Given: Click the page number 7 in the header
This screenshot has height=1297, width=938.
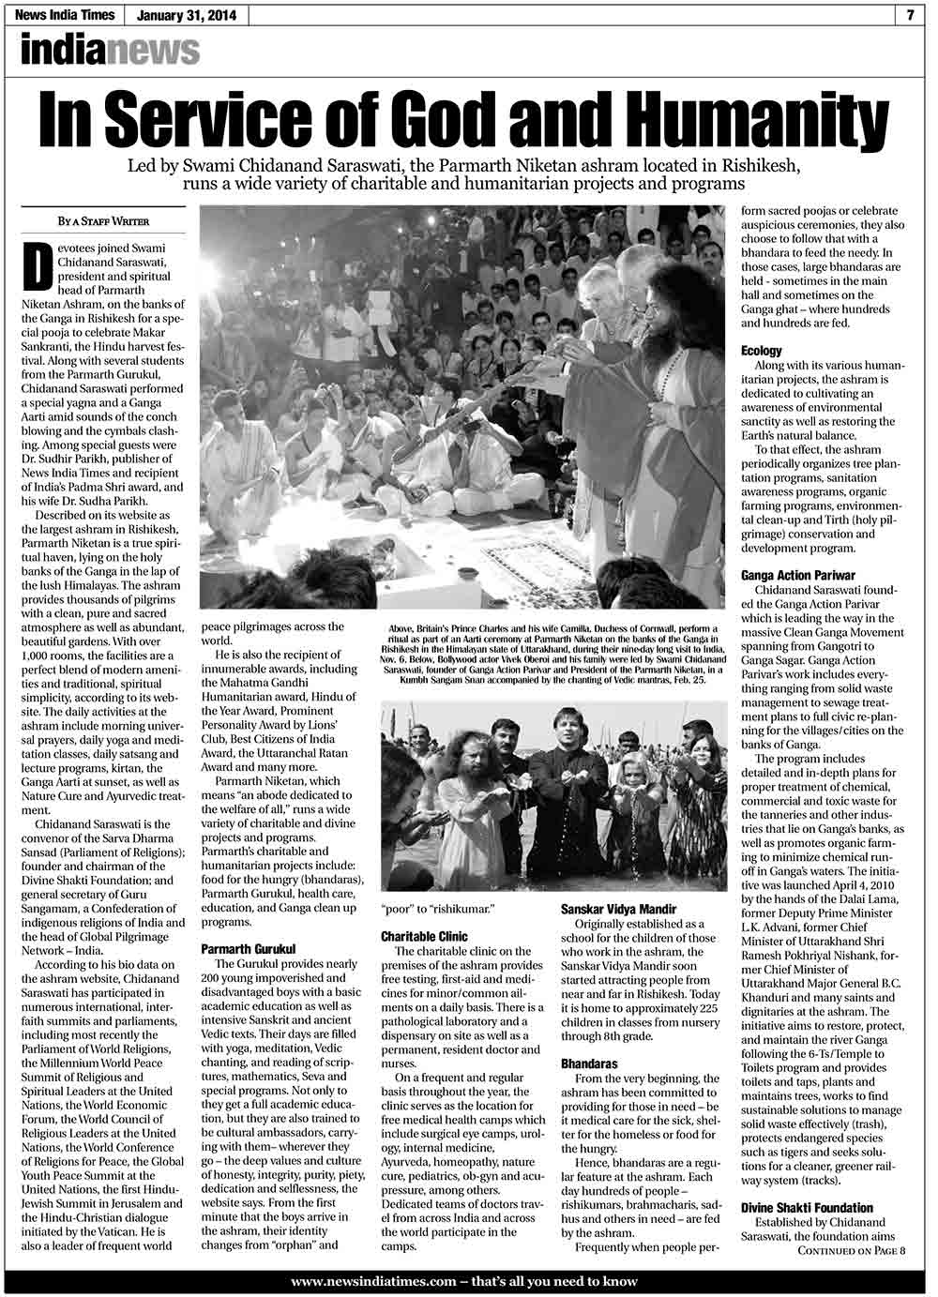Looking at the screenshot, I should click(911, 14).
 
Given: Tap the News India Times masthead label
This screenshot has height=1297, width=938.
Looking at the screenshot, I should click(70, 15).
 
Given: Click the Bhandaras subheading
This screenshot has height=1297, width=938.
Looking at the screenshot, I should click(589, 1065).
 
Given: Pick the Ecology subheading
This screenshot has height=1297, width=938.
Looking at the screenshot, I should click(761, 350).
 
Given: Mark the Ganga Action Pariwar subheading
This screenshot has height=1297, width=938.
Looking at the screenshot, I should click(798, 575).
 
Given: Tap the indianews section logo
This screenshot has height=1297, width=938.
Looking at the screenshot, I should click(110, 50).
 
